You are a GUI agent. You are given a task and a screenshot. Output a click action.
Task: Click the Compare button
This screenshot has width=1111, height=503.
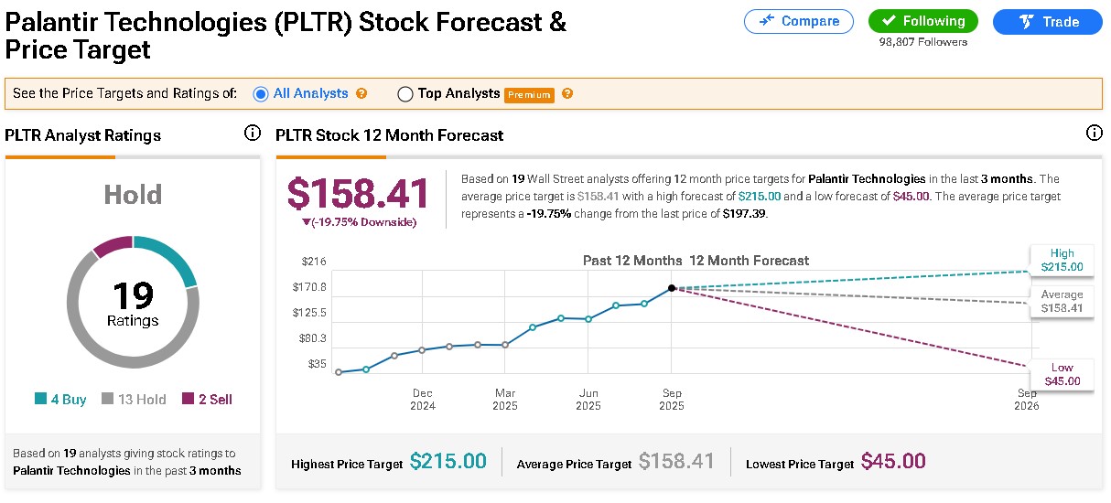[798, 21]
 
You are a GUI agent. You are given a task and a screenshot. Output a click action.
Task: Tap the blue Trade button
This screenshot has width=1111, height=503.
[1047, 21]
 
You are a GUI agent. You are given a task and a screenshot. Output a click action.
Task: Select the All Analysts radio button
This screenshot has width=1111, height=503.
[260, 93]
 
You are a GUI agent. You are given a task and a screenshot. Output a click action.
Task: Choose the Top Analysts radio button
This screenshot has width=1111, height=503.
[405, 93]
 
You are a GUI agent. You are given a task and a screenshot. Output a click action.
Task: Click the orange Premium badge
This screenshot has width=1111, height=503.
[529, 94]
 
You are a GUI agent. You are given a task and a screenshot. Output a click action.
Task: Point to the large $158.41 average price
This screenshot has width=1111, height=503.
[358, 195]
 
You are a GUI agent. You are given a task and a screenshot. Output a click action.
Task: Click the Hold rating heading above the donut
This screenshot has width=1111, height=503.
[133, 195]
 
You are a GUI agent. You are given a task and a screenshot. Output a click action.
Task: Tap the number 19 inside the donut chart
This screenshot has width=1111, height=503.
[133, 296]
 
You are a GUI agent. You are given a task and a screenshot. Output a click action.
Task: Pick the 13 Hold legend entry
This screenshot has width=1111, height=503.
[134, 399]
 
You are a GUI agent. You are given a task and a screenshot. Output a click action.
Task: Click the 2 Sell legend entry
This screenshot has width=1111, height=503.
[207, 399]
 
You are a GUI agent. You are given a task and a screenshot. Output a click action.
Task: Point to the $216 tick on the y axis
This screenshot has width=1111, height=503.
[314, 262]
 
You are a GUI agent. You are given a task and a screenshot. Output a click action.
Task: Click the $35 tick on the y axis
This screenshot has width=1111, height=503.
[317, 364]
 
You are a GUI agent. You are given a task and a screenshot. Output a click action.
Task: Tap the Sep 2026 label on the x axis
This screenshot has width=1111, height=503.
[1027, 400]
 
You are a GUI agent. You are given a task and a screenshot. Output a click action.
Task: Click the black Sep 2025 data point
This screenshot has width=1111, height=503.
[672, 288]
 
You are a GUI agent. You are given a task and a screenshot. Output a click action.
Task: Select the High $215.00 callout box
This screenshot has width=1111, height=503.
[1062, 261]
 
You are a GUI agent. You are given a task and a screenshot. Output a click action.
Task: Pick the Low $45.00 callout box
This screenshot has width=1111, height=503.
[1062, 375]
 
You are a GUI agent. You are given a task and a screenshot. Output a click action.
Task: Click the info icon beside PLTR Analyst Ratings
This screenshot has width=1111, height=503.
[253, 134]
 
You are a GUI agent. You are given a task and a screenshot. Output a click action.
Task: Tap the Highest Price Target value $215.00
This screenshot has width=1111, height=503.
[448, 462]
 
